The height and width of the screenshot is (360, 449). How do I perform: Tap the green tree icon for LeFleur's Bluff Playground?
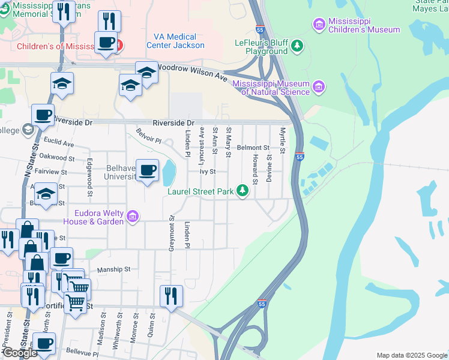297,46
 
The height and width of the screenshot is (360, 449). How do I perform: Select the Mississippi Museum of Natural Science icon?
319,88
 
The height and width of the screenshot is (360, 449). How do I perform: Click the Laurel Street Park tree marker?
243,191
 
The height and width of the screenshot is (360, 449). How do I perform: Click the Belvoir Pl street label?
149,136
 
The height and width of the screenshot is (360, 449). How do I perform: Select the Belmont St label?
253,147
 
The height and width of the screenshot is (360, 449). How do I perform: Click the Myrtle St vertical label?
282,140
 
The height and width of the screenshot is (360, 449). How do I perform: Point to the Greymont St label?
171,232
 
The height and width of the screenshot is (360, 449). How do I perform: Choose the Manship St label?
113,270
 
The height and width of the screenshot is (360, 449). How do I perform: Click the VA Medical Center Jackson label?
179,41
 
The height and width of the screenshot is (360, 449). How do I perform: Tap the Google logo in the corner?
20,353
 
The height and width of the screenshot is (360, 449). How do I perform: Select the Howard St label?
255,169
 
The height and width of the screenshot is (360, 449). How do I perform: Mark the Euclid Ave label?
59,145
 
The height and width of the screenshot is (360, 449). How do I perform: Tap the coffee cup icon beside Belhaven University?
148,171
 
